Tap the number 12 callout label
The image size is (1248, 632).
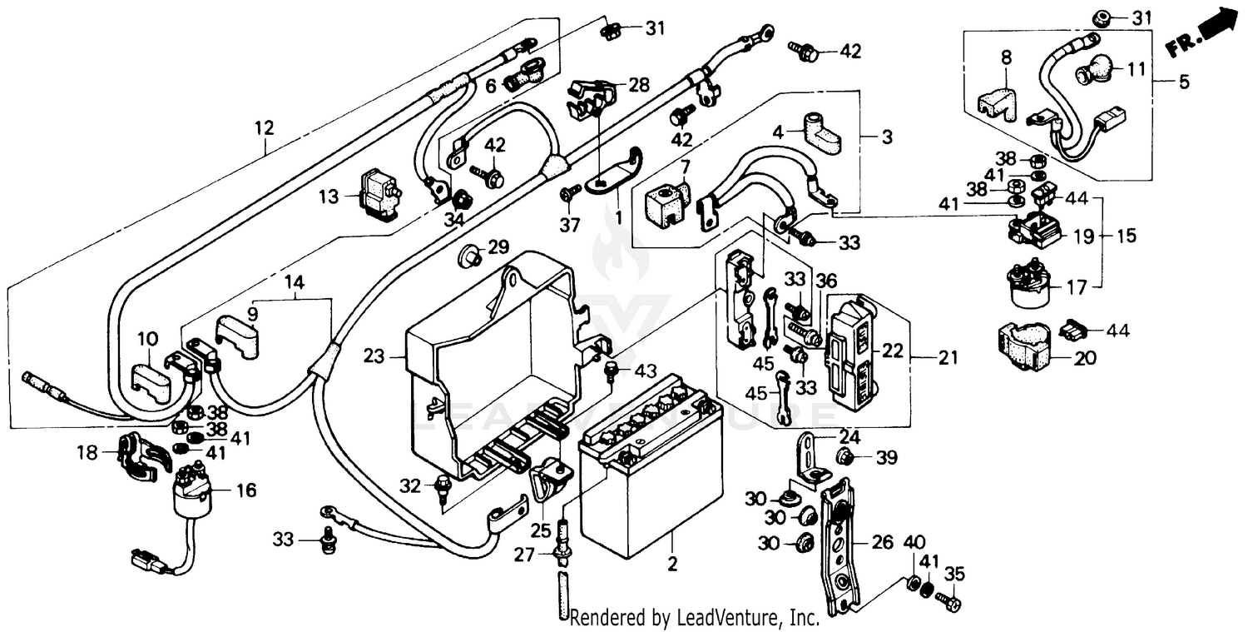(264, 128)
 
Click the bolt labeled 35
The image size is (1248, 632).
(945, 597)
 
